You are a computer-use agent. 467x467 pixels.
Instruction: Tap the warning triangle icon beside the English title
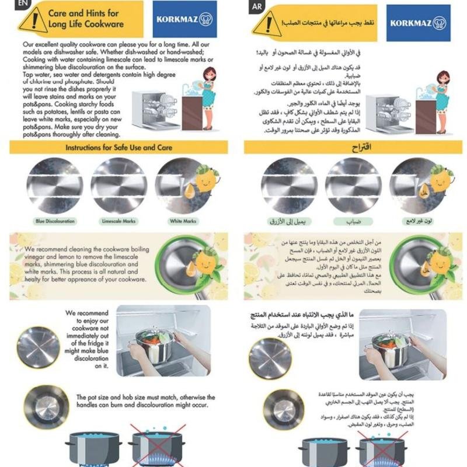click(x=33, y=20)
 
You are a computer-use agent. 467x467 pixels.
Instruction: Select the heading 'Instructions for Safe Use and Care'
click(x=119, y=148)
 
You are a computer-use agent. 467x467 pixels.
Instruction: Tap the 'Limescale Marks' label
click(x=119, y=222)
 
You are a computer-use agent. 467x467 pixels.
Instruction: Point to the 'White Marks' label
click(x=183, y=222)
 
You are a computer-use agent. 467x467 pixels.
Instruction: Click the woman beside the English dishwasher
click(x=208, y=96)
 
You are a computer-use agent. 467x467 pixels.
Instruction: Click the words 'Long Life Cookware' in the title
click(x=86, y=25)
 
